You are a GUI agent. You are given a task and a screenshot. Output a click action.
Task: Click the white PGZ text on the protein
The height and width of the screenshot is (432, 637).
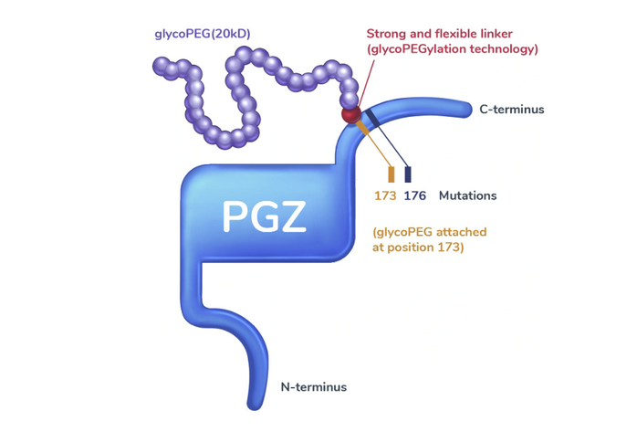coord(265,216)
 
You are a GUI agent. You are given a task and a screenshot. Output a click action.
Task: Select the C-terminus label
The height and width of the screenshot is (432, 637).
coord(511,110)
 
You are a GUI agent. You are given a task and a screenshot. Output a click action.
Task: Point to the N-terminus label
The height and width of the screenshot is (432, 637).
coord(313,387)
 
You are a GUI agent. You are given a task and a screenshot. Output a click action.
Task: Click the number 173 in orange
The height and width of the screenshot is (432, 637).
coord(384,195)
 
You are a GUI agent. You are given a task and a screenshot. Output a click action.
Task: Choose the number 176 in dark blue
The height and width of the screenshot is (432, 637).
coord(415,195)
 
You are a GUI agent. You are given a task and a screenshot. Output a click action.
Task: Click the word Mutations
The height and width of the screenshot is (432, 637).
coord(467,195)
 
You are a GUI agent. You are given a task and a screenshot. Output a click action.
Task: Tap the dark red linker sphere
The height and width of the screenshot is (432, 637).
coord(350,115)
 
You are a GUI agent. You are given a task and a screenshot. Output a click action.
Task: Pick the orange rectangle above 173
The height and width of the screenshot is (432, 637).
coord(392,174)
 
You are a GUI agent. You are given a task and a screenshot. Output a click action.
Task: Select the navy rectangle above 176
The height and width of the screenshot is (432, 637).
coord(408,174)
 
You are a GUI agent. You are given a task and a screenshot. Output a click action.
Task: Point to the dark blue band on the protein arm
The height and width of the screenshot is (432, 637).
coord(371,116)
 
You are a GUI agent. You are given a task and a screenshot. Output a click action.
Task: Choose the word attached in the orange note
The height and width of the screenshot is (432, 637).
coord(460,232)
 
